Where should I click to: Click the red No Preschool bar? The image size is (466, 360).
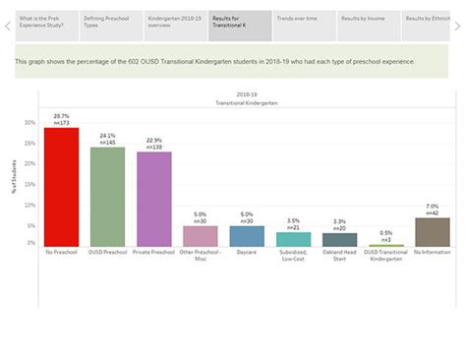point(61,187)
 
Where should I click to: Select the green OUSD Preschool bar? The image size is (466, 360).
point(108,197)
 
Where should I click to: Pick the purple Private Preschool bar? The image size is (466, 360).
point(154,199)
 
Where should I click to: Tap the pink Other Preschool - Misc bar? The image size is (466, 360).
point(201,236)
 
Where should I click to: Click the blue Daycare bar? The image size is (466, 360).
point(247,236)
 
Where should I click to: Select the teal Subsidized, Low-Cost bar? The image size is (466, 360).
point(293,239)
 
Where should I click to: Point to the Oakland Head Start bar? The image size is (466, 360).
point(340,240)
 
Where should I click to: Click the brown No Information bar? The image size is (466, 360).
point(433,232)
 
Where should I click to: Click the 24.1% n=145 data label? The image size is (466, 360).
point(108,140)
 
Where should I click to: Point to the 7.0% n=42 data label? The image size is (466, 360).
point(433,210)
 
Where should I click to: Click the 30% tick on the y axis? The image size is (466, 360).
point(29,123)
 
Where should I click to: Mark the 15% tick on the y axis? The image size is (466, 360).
point(29,183)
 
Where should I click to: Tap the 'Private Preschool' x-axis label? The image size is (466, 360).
point(154,252)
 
